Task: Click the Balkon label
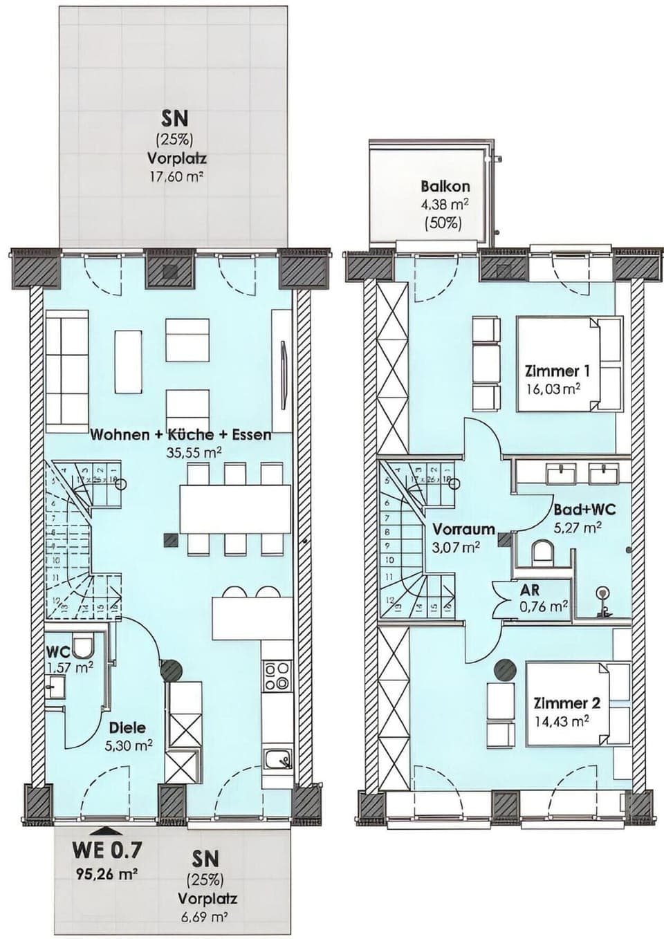pyautogui.click(x=445, y=186)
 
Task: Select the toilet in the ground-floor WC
pyautogui.click(x=83, y=646)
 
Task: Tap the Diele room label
pyautogui.click(x=127, y=727)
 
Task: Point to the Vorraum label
pyautogui.click(x=463, y=530)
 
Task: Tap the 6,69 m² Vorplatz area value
pyautogui.click(x=207, y=917)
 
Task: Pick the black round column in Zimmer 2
pyautogui.click(x=506, y=669)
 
